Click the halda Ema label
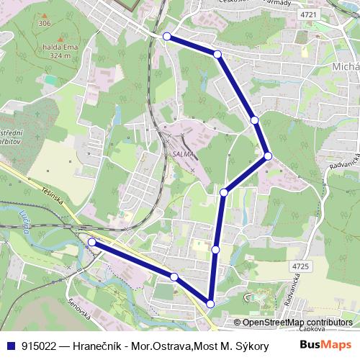60,48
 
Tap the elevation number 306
45,24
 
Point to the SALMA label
181,153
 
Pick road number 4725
300,266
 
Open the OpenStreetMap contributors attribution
298,323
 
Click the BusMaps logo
325,344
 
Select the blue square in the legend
9,345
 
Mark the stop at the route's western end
91,243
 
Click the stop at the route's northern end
167,36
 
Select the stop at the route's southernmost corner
210,304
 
